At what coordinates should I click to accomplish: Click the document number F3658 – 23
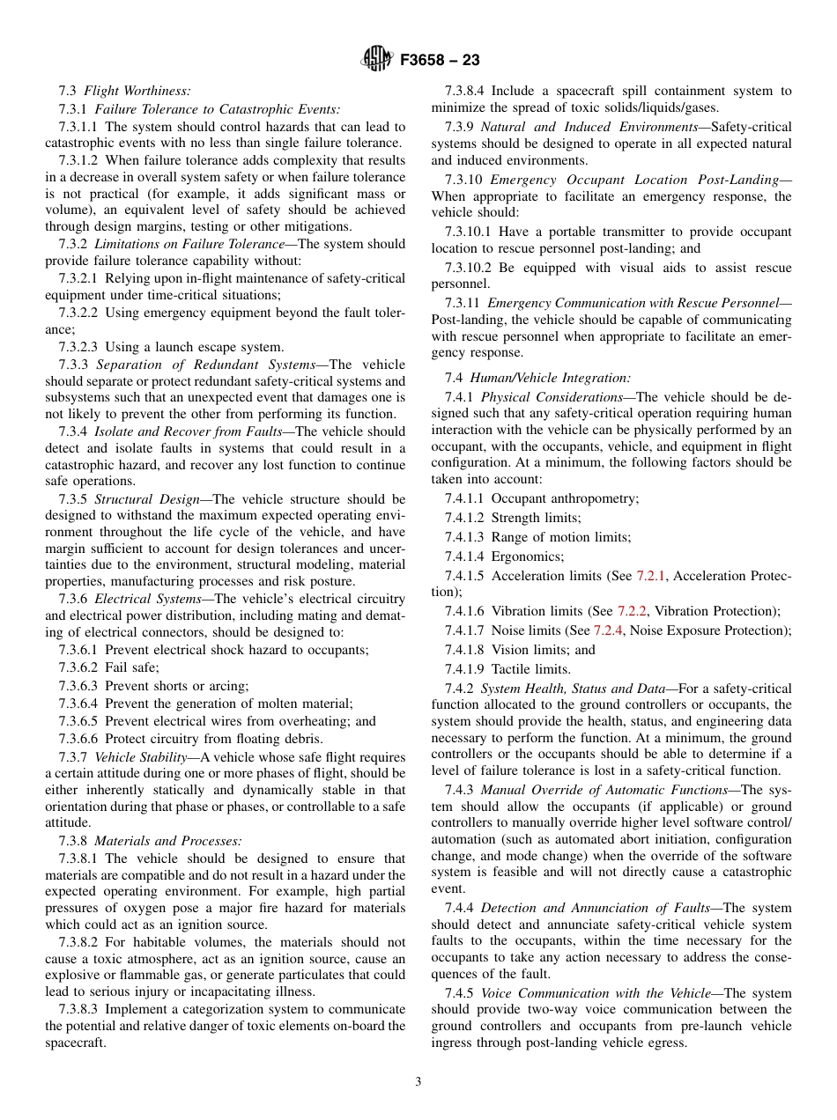coord(440,61)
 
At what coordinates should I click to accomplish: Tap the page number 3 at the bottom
coord(418,1082)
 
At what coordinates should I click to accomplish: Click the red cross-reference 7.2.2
coord(632,611)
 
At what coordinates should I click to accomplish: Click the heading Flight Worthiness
coord(137,91)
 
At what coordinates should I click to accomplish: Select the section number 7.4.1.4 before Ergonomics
coord(465,556)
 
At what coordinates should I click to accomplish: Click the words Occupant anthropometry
coord(565,498)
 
